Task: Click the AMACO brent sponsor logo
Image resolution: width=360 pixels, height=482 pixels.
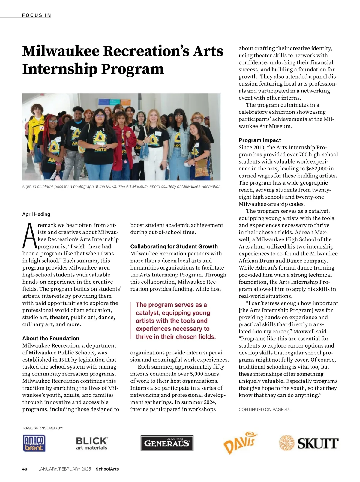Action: [34, 443]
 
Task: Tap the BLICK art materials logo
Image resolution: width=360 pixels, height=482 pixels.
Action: [91, 443]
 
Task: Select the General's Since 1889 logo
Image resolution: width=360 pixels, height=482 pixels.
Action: [167, 443]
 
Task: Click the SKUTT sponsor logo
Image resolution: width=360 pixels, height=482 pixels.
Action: [309, 443]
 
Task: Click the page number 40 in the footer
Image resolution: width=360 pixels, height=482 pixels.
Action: [25, 469]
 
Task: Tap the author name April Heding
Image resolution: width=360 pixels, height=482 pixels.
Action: [36, 214]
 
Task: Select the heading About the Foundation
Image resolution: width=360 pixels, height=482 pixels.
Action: [51, 338]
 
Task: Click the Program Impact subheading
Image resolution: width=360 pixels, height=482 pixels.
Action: [260, 140]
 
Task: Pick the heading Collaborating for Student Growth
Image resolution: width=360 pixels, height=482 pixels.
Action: [174, 246]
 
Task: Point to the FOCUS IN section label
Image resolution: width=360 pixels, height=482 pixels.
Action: [37, 15]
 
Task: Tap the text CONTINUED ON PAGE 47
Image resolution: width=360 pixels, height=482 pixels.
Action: [264, 409]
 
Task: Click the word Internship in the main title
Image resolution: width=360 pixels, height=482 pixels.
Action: [60, 69]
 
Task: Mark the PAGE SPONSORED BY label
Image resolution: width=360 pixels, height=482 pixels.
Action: [43, 428]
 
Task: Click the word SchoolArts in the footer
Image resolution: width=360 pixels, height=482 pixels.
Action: [107, 469]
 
